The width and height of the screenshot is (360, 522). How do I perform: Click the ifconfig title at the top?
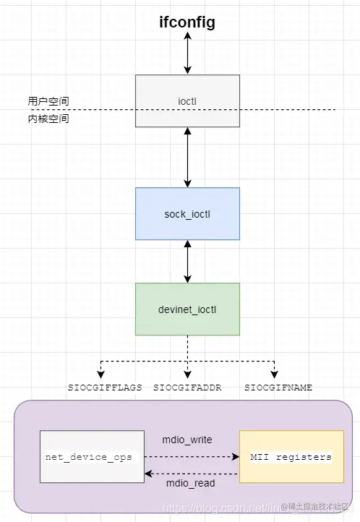point(187,23)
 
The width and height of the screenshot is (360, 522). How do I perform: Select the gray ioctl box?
point(187,100)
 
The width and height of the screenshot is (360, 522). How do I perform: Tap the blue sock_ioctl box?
point(187,213)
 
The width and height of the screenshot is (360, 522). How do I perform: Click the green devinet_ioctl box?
point(187,309)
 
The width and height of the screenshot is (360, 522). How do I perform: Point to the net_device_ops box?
point(91,457)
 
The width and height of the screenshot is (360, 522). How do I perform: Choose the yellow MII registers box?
point(291,457)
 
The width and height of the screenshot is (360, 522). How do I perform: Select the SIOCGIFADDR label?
point(187,388)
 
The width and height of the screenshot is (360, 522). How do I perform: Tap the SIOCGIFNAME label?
point(278,388)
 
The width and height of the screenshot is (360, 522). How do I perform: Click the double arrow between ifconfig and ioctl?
point(187,53)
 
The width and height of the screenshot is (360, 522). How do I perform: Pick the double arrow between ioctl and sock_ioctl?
point(187,157)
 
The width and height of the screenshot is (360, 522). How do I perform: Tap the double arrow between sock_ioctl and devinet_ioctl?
point(187,261)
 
